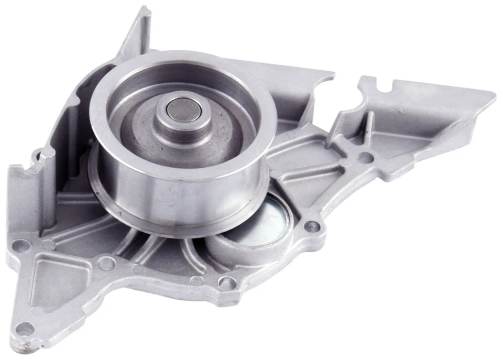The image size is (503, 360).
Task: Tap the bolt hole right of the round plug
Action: (x=312, y=226)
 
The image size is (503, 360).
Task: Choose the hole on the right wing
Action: (x=366, y=156)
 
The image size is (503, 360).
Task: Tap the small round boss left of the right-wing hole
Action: (x=344, y=163)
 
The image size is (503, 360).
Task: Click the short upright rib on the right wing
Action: (x=368, y=128)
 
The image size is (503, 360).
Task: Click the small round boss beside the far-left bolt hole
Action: (x=48, y=244)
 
